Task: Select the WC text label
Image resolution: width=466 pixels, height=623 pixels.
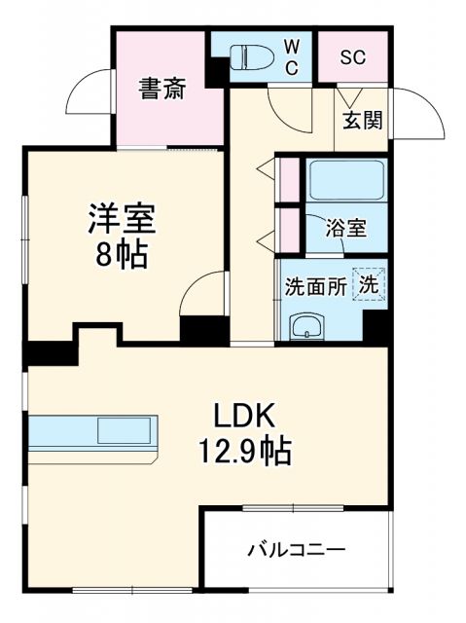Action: coord(292,57)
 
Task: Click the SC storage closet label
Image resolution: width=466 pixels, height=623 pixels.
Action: coord(352,56)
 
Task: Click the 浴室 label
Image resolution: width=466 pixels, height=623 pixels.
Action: coord(346,230)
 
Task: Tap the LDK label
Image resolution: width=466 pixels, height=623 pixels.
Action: coord(246,416)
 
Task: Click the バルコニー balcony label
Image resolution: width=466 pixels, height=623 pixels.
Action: coord(295,551)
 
